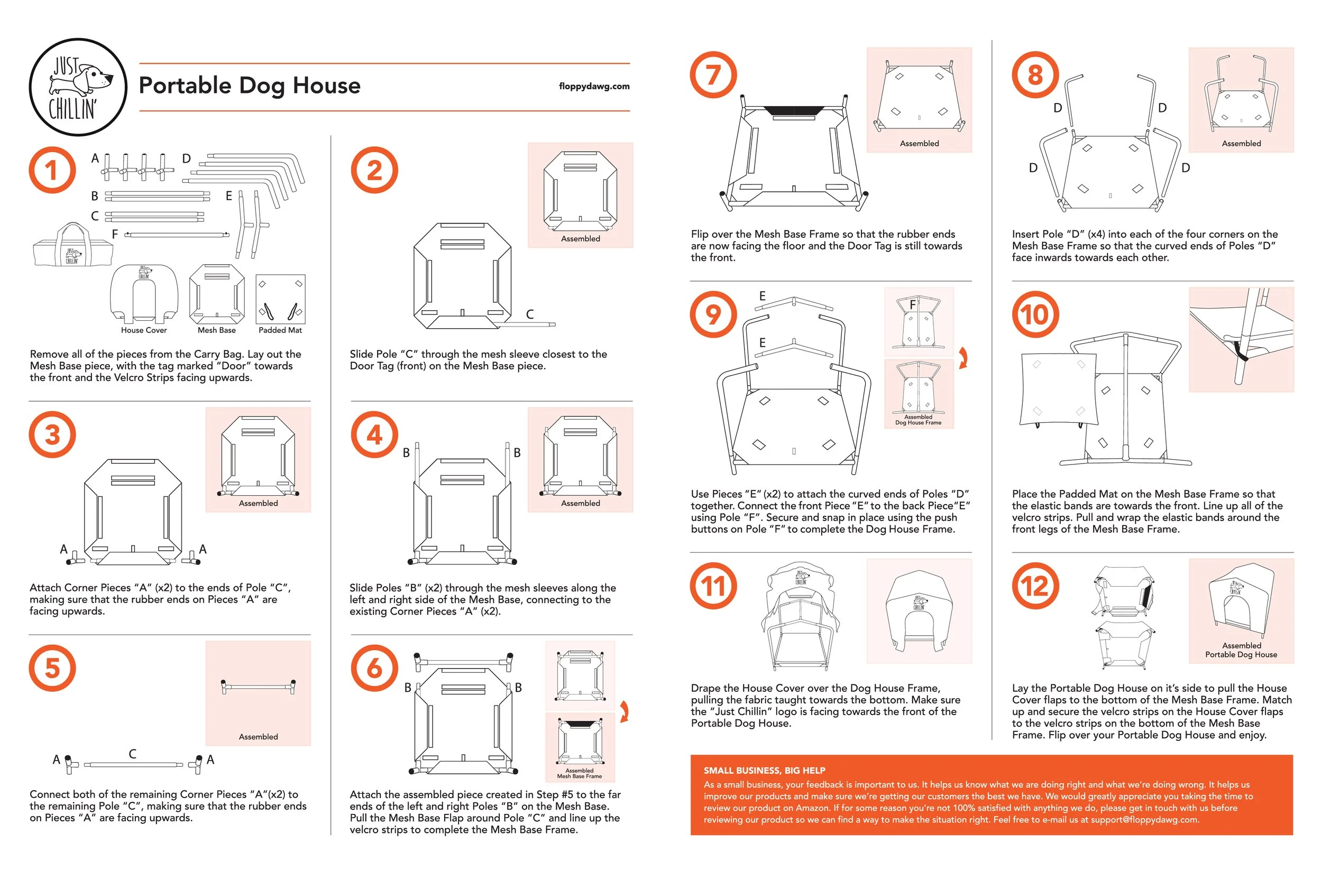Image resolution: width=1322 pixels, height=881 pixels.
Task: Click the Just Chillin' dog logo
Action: pyautogui.click(x=78, y=87)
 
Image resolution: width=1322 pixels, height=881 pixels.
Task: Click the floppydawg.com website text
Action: pyautogui.click(x=594, y=86)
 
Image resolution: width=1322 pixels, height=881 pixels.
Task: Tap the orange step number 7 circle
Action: pyautogui.click(x=713, y=75)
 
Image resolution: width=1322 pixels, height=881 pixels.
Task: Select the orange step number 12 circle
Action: pyautogui.click(x=1035, y=586)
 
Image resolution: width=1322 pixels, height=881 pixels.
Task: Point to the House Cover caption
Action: pyautogui.click(x=144, y=330)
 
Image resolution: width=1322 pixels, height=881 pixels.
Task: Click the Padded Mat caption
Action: pyautogui.click(x=280, y=330)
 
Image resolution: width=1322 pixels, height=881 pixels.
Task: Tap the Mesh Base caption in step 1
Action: pyautogui.click(x=216, y=330)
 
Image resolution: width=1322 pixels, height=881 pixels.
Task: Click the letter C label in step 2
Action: pyautogui.click(x=529, y=314)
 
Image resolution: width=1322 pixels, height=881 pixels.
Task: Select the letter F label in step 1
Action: pyautogui.click(x=115, y=234)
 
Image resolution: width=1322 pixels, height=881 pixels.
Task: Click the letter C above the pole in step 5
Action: pyautogui.click(x=133, y=754)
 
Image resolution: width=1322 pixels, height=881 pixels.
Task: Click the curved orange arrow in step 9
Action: pyautogui.click(x=963, y=358)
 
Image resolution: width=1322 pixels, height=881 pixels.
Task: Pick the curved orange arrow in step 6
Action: pyautogui.click(x=625, y=711)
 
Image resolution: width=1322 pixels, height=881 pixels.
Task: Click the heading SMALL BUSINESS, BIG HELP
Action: pyautogui.click(x=765, y=771)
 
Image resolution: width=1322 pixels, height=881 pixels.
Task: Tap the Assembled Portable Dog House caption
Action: pyautogui.click(x=1241, y=650)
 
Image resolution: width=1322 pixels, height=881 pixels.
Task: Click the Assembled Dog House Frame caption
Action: pyautogui.click(x=919, y=420)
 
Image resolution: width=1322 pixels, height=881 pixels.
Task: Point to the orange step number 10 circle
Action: pyautogui.click(x=1035, y=314)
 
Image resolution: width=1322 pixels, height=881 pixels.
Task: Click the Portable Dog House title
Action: pyautogui.click(x=250, y=86)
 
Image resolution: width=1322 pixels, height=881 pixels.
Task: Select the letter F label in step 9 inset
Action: pyautogui.click(x=913, y=305)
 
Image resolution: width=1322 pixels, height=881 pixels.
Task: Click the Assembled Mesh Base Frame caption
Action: pyautogui.click(x=580, y=773)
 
